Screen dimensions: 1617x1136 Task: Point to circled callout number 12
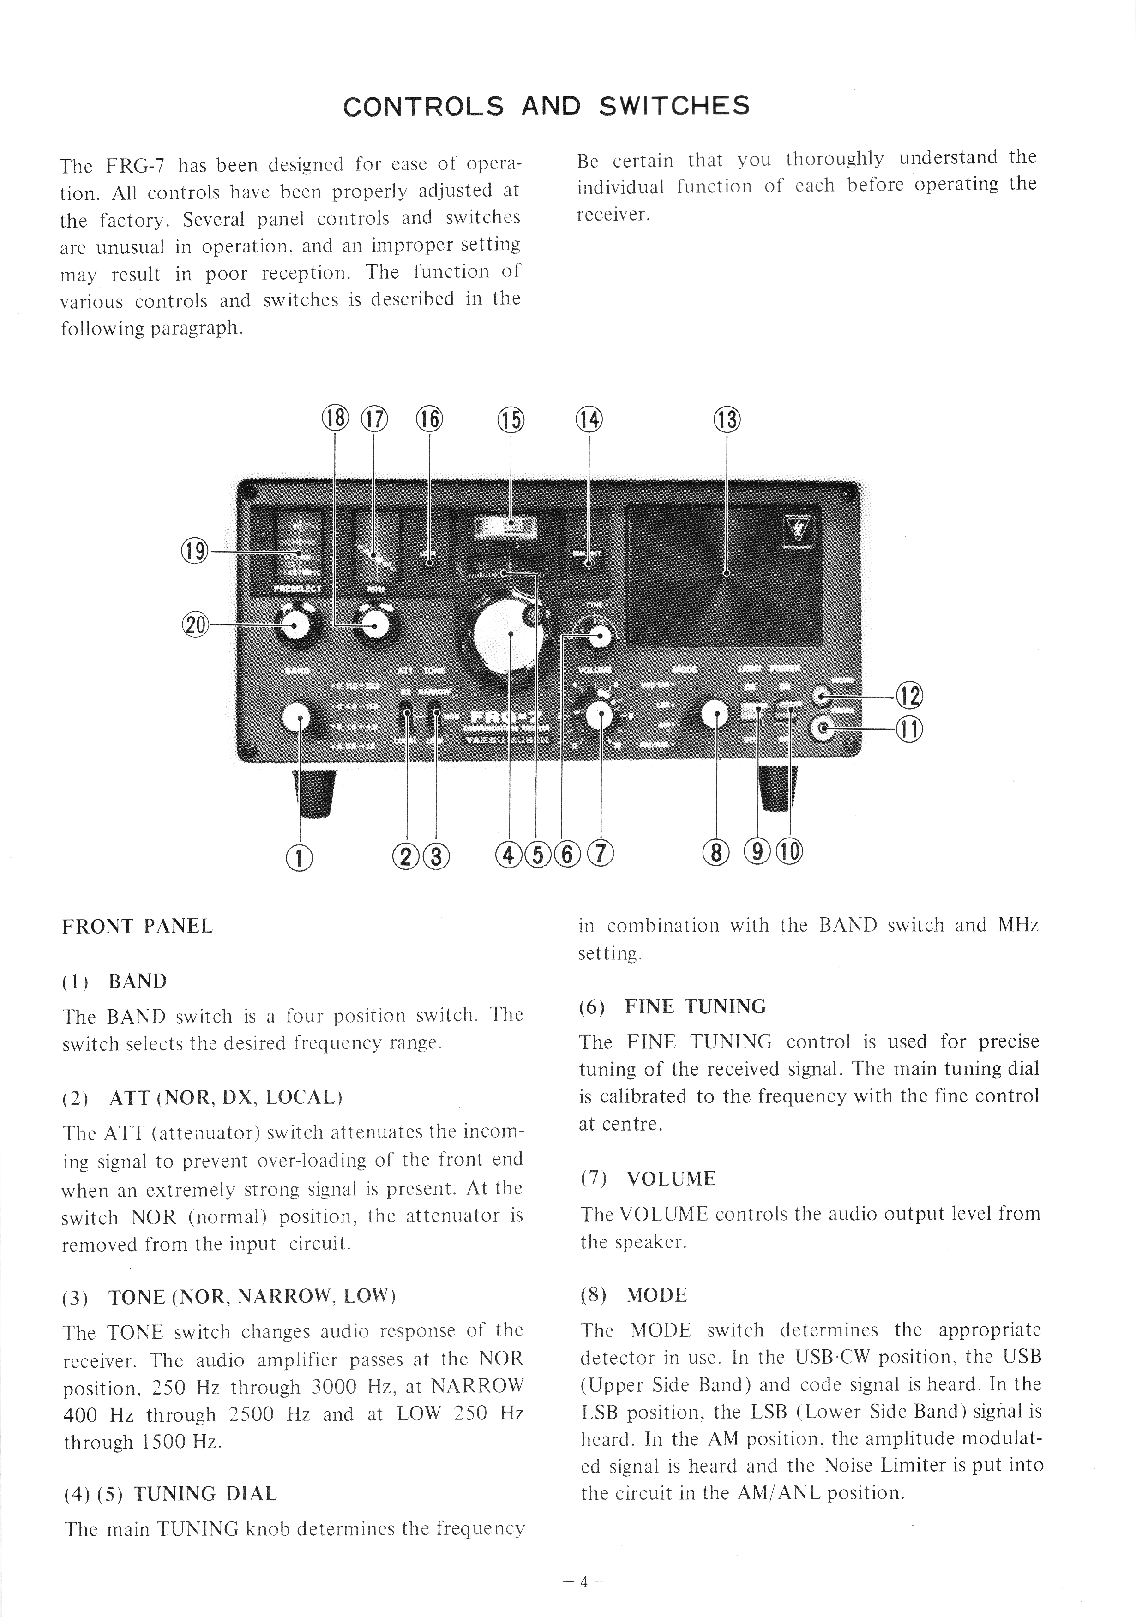point(908,696)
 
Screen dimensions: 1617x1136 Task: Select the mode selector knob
point(715,714)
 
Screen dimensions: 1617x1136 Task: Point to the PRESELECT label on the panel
point(297,588)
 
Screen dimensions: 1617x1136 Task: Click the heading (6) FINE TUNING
point(673,1007)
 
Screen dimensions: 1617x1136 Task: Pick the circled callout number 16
point(429,420)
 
